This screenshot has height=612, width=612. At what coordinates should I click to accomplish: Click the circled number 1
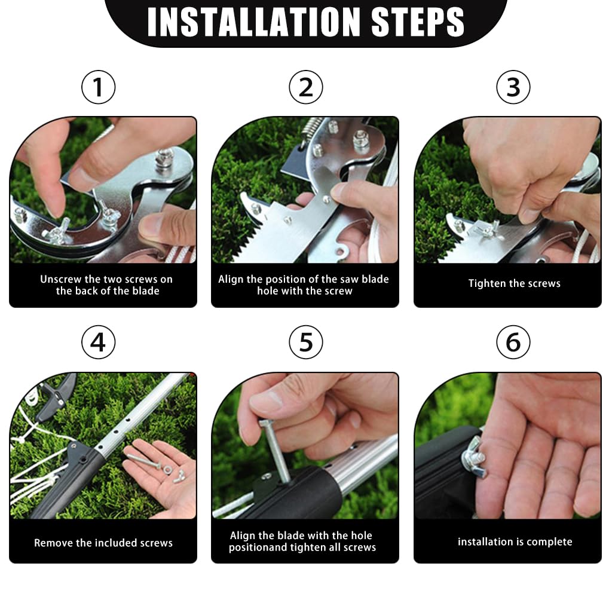point(98,88)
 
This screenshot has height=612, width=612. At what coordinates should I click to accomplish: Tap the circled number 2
point(305,88)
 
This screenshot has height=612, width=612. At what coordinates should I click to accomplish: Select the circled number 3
point(513,88)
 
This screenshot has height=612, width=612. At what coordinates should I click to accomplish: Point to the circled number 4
point(98,342)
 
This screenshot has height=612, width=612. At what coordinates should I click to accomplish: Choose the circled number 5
point(305,342)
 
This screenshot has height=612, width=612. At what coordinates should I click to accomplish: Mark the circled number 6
point(513,342)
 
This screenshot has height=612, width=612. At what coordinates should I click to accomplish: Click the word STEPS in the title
point(418,22)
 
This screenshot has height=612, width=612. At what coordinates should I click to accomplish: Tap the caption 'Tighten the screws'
point(514,283)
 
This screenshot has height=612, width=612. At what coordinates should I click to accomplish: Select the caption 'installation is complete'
point(515,542)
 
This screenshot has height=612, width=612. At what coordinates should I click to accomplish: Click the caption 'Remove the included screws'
point(103,543)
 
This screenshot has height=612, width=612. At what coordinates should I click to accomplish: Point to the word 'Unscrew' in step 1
point(60,279)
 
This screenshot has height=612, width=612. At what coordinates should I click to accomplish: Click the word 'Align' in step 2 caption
point(231,279)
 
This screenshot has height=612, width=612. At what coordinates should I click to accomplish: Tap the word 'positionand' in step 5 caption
point(255,547)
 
